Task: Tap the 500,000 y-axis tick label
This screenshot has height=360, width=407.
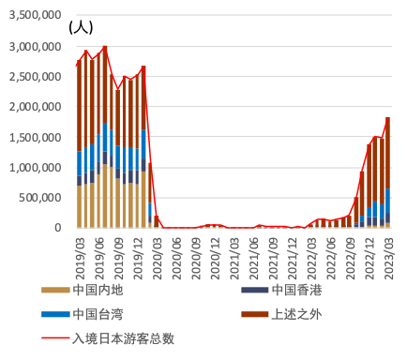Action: [39, 198]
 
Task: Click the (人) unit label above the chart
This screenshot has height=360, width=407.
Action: [80, 27]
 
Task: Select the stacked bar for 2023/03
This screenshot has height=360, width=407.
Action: [388, 173]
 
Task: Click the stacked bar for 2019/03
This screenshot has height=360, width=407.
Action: [79, 146]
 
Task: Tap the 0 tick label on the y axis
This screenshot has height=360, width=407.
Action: [58, 228]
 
